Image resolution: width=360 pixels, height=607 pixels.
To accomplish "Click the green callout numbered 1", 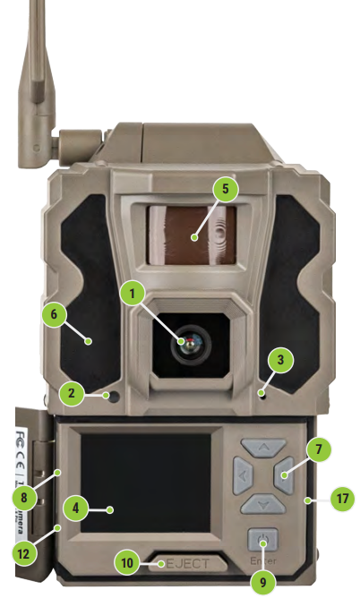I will (133, 293).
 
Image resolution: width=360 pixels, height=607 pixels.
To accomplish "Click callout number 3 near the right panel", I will (280, 360).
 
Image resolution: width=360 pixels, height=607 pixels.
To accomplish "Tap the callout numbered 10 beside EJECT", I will (128, 562).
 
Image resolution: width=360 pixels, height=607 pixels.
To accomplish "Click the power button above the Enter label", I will (262, 540).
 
